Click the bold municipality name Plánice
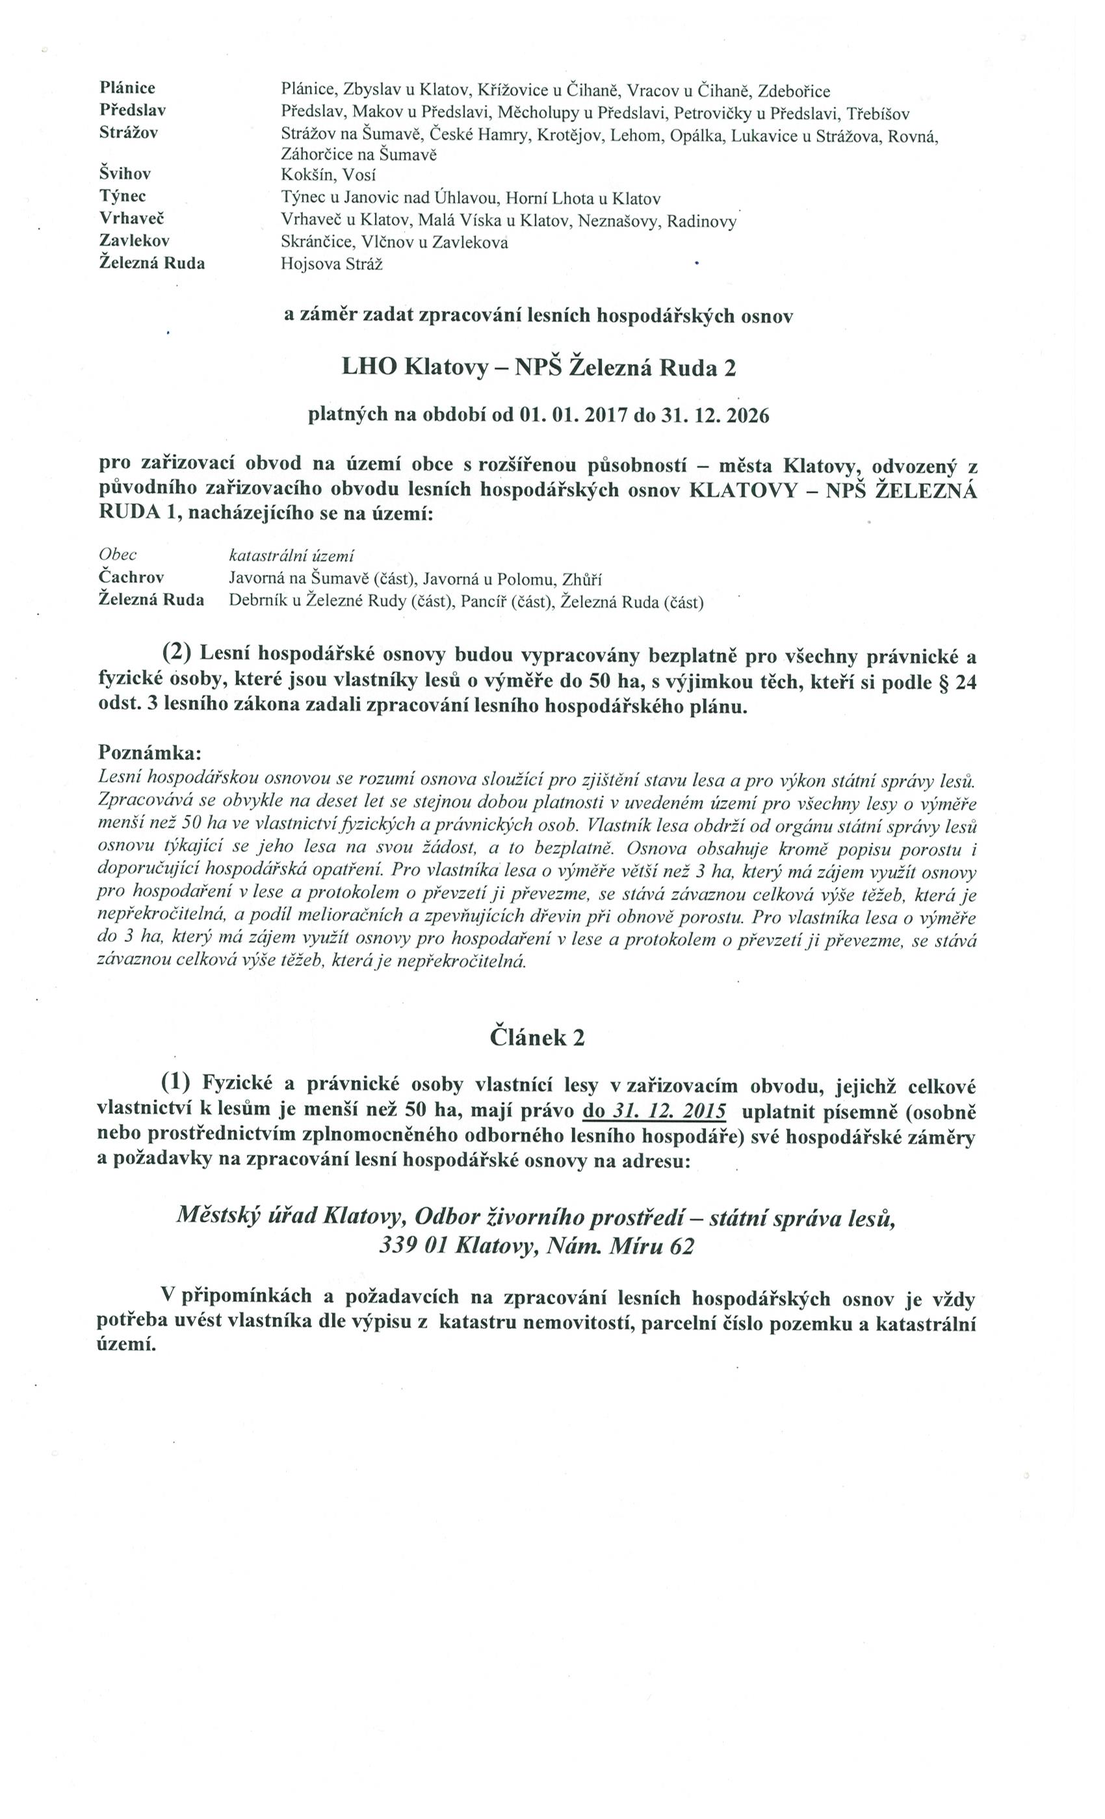(127, 88)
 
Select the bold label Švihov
(125, 174)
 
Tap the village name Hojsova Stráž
(331, 264)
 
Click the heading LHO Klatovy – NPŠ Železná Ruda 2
(538, 368)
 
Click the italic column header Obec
(118, 554)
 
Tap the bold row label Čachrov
(131, 578)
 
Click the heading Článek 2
(537, 1038)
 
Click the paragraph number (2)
(177, 653)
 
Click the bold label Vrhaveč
(131, 218)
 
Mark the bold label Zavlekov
(135, 240)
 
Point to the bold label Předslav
(132, 110)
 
